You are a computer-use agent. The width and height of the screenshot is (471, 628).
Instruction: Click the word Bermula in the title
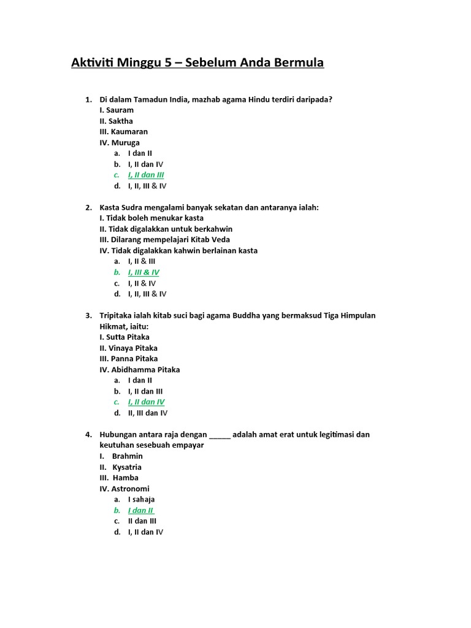[297, 63]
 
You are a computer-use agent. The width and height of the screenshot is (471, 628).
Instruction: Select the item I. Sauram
[117, 110]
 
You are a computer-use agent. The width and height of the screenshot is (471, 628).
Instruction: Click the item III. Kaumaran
[123, 132]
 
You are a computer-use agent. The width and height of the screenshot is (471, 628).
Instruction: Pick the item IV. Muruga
[120, 143]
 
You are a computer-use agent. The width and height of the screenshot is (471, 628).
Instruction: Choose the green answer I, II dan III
[146, 175]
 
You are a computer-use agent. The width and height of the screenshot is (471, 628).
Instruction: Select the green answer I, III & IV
[144, 272]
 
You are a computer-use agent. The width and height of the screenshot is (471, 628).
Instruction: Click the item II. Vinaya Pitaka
[128, 348]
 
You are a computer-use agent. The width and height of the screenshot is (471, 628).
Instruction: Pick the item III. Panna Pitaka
[128, 359]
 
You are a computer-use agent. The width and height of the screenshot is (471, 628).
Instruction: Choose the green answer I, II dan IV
[146, 402]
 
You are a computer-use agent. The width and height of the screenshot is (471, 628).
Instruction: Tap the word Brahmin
[128, 456]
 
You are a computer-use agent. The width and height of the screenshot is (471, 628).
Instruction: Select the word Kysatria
[127, 467]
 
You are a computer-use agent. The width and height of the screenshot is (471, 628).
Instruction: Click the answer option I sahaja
[141, 500]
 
